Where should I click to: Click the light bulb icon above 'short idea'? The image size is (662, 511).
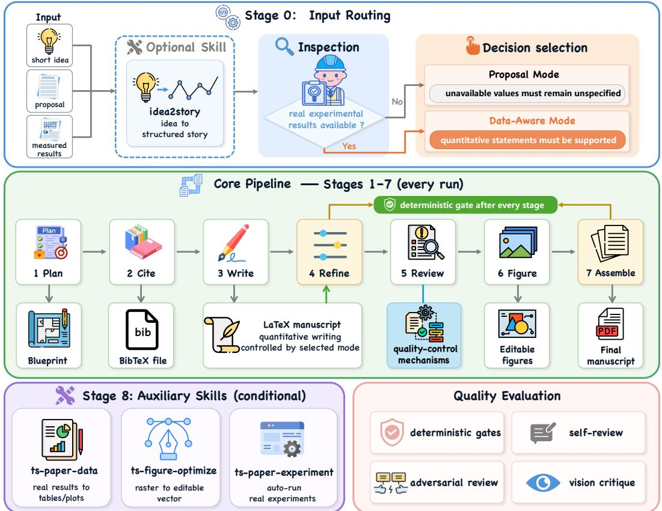(x=49, y=41)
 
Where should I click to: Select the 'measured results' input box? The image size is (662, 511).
(x=49, y=136)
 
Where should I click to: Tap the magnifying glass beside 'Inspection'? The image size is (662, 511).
(x=284, y=46)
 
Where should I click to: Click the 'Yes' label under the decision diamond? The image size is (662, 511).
(x=349, y=146)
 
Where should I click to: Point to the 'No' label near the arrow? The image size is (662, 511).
(x=397, y=102)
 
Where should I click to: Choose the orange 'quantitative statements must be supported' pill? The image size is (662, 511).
(x=527, y=140)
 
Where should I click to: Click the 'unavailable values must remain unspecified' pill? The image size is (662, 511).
(x=527, y=93)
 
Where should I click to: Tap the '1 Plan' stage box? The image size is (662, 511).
(x=48, y=252)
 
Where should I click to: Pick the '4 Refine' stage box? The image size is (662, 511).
(x=329, y=252)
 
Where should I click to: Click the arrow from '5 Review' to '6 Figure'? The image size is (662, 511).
(x=470, y=252)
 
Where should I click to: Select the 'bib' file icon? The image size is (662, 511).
(x=142, y=329)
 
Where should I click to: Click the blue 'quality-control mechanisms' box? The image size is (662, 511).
(x=424, y=335)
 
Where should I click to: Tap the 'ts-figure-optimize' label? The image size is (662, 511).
(x=174, y=471)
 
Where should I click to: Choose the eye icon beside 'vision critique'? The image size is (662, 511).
(x=543, y=483)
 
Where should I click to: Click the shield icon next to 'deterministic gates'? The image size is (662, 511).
(x=392, y=432)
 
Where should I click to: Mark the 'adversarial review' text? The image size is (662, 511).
(x=454, y=482)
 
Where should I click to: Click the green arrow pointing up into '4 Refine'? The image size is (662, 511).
(x=326, y=294)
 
